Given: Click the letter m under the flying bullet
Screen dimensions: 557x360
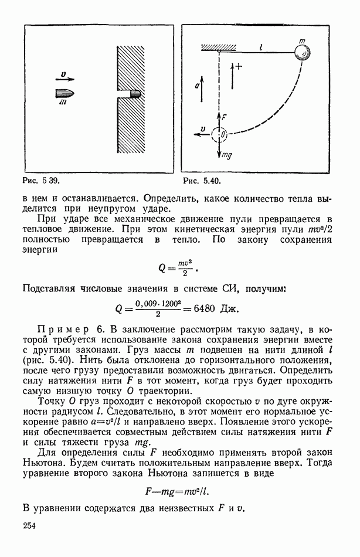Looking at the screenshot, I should (63, 103).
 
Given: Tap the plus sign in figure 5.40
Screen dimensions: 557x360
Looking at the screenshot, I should (239, 66).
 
